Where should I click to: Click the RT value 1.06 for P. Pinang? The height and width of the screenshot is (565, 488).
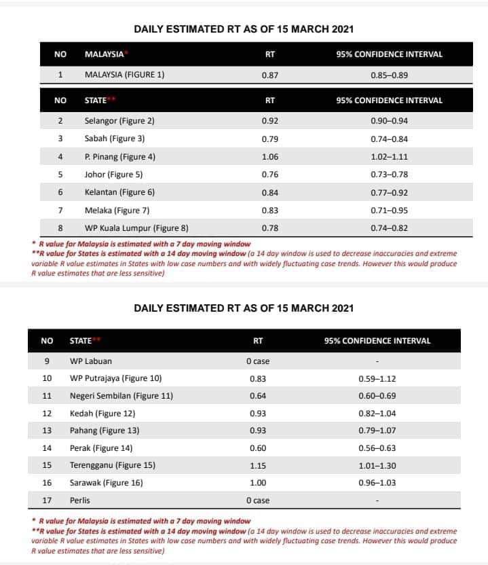[x=269, y=156]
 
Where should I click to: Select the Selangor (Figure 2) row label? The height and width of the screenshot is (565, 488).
[x=119, y=121]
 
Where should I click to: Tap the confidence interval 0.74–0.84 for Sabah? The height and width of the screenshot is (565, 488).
[x=389, y=139]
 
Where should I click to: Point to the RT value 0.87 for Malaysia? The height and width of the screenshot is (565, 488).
[x=269, y=75]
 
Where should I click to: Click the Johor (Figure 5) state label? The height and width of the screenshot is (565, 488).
[x=115, y=174]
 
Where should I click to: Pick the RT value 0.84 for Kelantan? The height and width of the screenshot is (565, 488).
[x=269, y=192]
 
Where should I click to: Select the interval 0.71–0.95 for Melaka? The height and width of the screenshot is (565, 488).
[x=389, y=210]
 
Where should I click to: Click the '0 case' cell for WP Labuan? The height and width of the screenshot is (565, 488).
[x=258, y=361]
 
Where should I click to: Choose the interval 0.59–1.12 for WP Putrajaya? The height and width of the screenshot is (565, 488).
[x=377, y=378]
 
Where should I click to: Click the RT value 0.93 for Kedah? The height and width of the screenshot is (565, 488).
[x=258, y=413]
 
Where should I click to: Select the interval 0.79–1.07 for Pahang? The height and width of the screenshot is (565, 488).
[x=377, y=431]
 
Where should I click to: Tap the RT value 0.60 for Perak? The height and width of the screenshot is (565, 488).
[x=258, y=448]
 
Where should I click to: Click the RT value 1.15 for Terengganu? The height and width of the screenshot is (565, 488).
[x=258, y=465]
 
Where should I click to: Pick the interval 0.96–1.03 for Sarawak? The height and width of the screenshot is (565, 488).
[x=377, y=483]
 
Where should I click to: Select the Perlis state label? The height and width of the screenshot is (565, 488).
[x=79, y=500]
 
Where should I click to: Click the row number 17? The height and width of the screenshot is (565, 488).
[x=47, y=500]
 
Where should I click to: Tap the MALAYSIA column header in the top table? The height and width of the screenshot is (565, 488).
[x=105, y=54]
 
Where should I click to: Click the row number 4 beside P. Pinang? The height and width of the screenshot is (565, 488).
[x=60, y=156]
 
